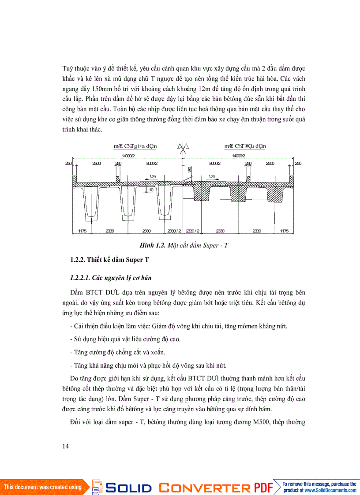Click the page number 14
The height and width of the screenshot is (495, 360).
66,446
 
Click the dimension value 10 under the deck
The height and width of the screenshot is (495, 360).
151,190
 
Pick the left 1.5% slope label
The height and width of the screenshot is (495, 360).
153,176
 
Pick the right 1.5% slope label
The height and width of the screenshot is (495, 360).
212,176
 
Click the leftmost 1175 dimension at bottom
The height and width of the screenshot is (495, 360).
82,231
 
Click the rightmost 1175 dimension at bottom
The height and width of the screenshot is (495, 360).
284,231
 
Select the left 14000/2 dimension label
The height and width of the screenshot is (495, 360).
128,156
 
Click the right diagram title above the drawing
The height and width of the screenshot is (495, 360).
245,146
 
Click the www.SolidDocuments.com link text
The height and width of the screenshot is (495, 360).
330,490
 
